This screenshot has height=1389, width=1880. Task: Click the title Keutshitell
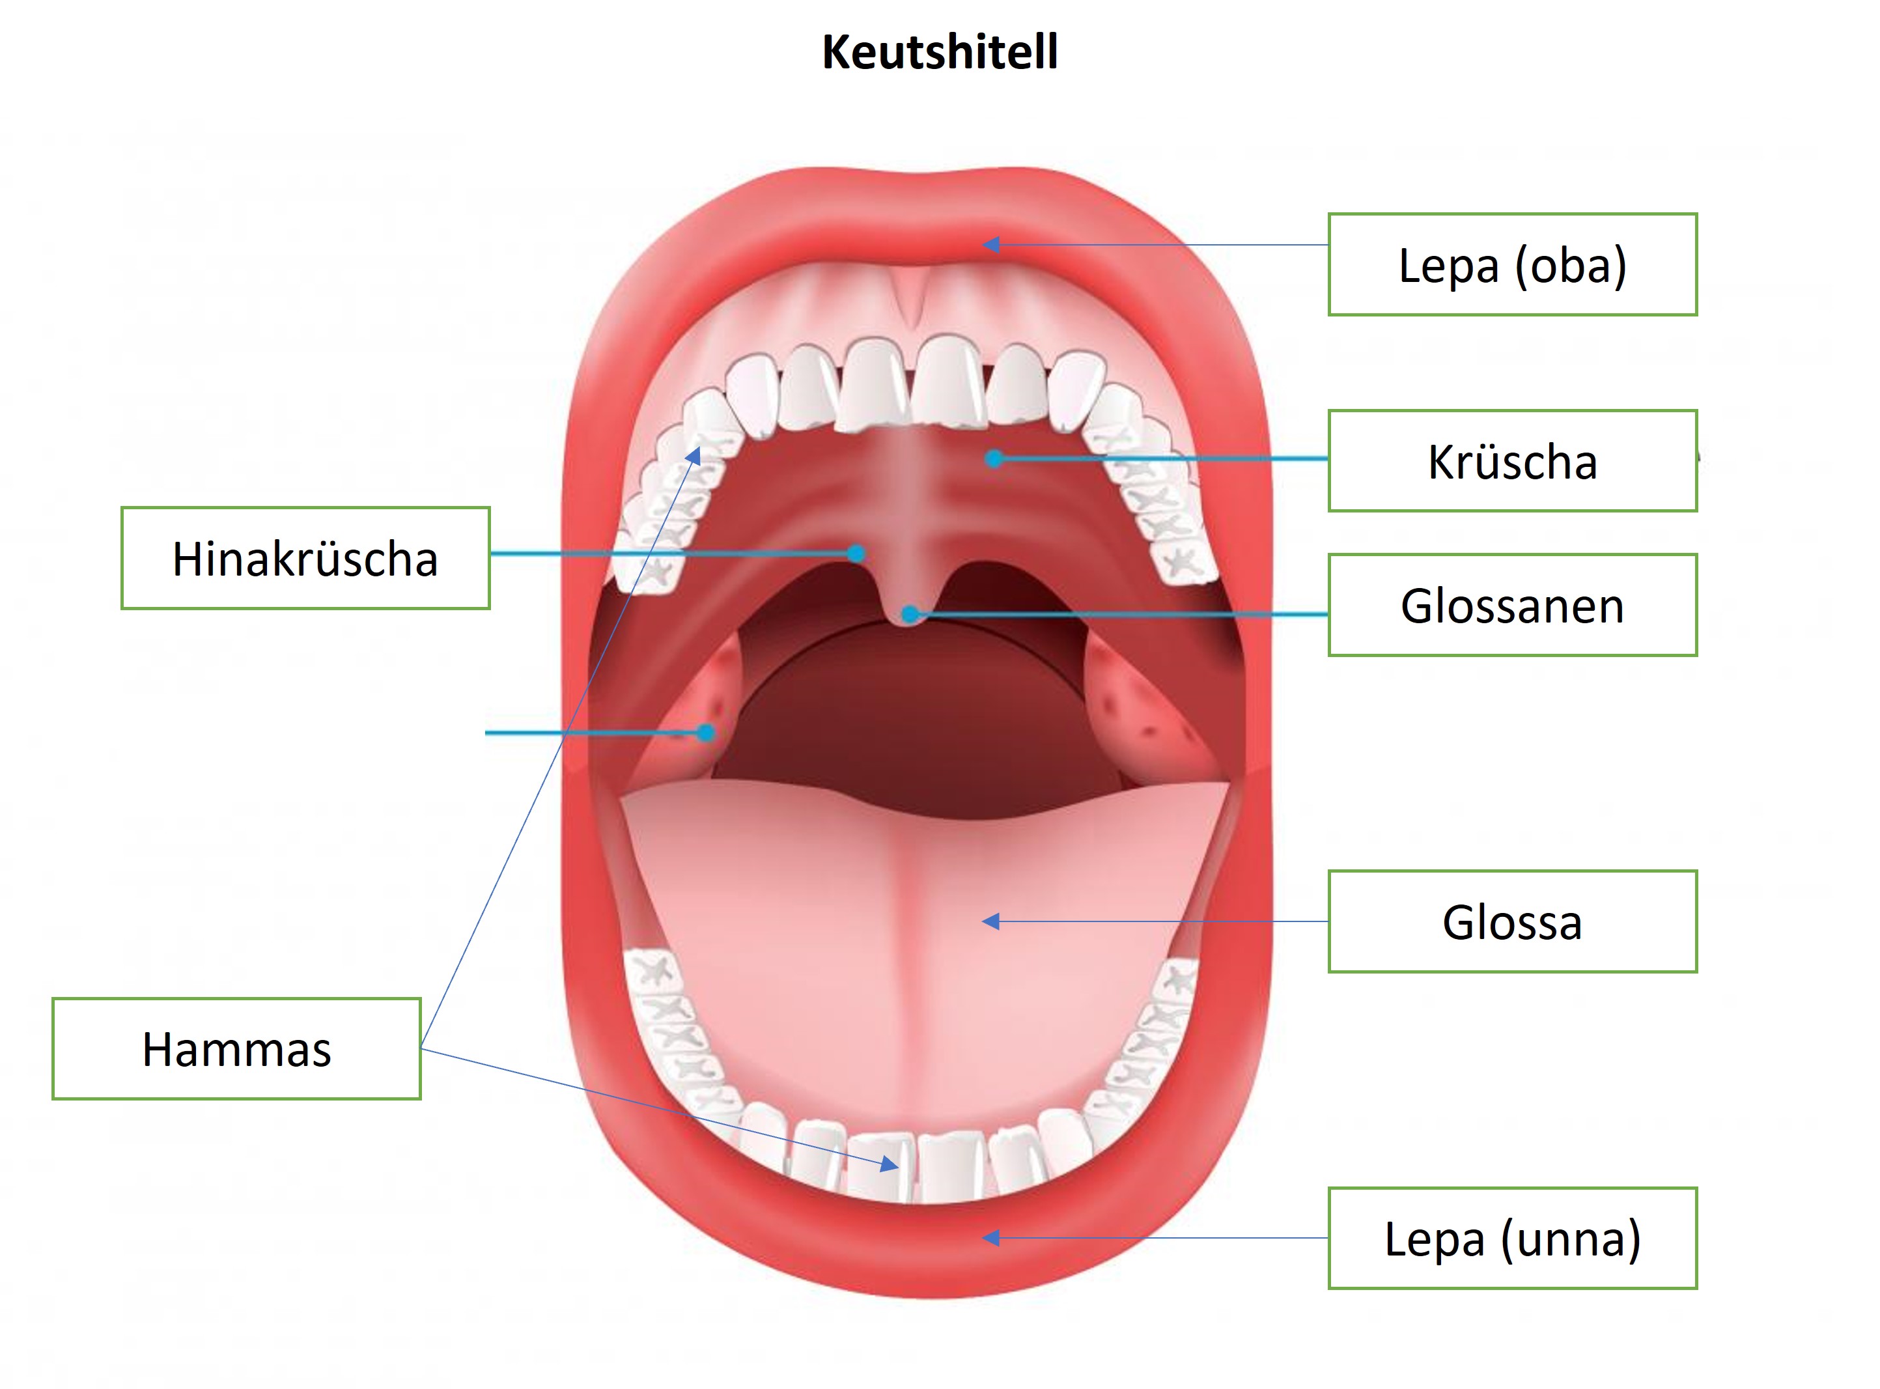point(939,52)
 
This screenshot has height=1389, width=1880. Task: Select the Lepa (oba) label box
point(1511,265)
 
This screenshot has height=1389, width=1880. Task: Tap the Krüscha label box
point(1511,461)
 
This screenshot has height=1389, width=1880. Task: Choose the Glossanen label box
point(1511,606)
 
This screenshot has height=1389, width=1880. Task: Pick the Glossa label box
point(1511,921)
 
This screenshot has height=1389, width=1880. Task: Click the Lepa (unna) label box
point(1511,1239)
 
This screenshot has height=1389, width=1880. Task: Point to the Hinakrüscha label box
point(305,558)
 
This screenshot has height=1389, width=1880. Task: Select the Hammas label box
point(236,1048)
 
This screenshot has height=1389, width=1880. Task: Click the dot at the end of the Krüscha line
point(994,459)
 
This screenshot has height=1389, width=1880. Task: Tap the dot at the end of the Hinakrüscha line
point(856,554)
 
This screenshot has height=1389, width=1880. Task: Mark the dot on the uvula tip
point(910,615)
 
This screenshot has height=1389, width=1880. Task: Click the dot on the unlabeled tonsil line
point(707,733)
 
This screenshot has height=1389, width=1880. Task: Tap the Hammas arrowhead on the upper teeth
point(694,455)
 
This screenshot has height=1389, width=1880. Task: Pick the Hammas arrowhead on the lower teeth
point(890,1166)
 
